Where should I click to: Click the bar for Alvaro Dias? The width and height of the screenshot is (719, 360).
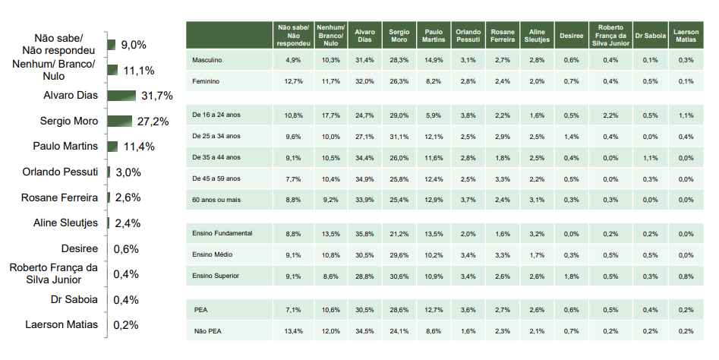point(122,96)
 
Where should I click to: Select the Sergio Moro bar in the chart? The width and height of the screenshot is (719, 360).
point(120,121)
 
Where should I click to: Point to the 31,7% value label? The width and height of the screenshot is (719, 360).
point(157,96)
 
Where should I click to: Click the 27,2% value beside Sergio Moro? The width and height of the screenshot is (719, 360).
point(153,122)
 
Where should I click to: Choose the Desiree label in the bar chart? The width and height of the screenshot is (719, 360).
point(80,248)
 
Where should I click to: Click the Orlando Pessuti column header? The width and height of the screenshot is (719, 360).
point(468,36)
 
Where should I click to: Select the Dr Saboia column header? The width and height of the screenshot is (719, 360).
point(650,36)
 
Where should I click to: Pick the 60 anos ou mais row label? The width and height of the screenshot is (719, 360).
point(216,200)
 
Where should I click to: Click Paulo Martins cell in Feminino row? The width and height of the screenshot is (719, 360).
point(434,81)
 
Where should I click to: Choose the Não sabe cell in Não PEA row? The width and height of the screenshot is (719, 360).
point(294,331)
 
